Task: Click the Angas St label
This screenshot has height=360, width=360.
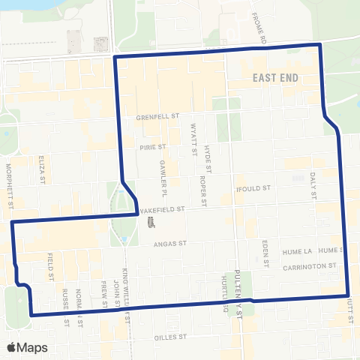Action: [x=169, y=244]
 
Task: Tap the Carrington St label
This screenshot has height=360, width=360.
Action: [x=306, y=266]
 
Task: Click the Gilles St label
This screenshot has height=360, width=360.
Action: [x=169, y=337]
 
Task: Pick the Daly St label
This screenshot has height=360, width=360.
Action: [x=314, y=184]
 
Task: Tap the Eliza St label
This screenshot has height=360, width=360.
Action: [x=42, y=175]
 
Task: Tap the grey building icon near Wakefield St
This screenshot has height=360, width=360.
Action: [x=151, y=223]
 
